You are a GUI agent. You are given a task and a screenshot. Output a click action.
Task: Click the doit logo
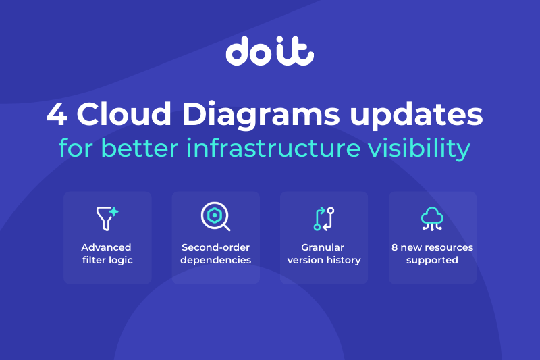269,51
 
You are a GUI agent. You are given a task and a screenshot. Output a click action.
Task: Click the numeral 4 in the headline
57,114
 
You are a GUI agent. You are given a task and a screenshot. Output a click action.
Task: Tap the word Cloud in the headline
124,113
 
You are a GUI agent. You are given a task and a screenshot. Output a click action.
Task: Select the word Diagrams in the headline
261,115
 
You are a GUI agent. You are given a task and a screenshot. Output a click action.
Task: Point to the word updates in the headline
416,115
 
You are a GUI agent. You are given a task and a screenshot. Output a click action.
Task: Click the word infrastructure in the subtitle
273,148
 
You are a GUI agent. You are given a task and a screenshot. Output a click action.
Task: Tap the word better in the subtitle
140,148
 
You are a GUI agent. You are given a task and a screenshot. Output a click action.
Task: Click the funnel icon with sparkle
107,218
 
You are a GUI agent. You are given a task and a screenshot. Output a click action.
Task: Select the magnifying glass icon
215,216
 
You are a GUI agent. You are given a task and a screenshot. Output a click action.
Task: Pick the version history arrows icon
324,219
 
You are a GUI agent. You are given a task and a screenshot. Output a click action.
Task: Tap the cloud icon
432,218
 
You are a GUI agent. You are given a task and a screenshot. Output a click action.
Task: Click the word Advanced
106,247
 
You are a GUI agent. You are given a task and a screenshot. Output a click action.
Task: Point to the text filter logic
107,260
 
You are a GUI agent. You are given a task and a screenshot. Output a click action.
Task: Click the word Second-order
215,247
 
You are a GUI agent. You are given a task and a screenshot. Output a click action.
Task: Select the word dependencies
215,260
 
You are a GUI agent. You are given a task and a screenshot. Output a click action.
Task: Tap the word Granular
323,247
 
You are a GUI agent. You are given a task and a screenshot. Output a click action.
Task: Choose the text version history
324,260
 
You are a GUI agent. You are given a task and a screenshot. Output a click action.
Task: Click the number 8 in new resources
395,247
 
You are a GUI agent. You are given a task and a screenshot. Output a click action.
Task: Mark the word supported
432,261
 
